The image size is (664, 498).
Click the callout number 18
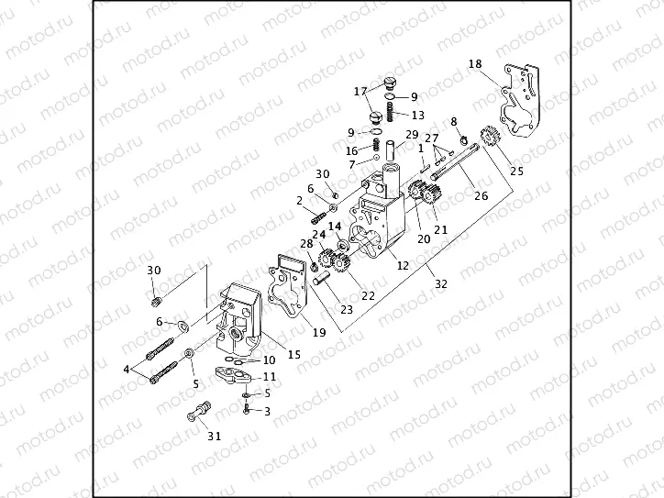(474, 64)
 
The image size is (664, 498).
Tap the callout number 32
(441, 284)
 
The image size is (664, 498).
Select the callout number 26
(481, 194)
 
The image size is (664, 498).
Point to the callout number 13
(417, 116)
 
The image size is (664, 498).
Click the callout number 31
(214, 436)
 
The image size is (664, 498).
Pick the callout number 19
(318, 332)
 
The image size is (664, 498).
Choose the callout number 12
(403, 265)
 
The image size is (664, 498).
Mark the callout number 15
(294, 355)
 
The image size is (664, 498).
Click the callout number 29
(386, 135)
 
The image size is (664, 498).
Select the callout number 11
(270, 376)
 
